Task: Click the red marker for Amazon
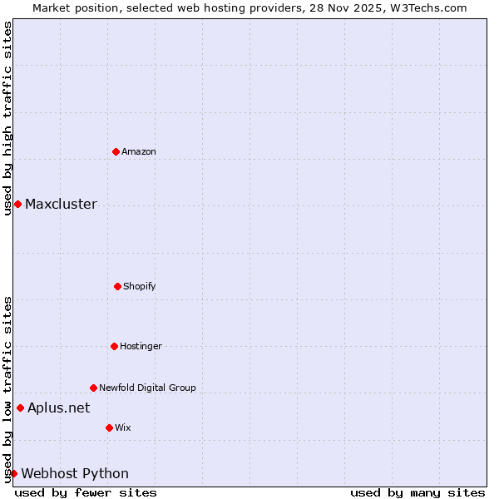(x=116, y=151)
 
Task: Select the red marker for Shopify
(x=117, y=286)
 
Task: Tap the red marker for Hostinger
(x=114, y=346)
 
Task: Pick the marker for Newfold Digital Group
(x=93, y=388)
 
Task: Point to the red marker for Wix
(x=109, y=427)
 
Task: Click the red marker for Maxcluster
(x=17, y=204)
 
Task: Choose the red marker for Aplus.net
(x=20, y=408)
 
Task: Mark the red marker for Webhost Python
(x=13, y=473)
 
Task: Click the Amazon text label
(x=139, y=151)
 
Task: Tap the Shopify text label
(x=140, y=286)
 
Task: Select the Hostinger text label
(x=141, y=346)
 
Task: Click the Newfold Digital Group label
(x=147, y=388)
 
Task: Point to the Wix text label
(x=123, y=427)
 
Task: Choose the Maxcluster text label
(x=61, y=205)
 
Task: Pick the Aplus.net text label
(x=58, y=408)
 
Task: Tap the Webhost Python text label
(x=75, y=474)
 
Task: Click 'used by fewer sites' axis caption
(x=86, y=492)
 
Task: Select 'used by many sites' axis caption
(x=417, y=492)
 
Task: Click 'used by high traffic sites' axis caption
(x=7, y=118)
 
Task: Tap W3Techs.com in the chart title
(x=427, y=7)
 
